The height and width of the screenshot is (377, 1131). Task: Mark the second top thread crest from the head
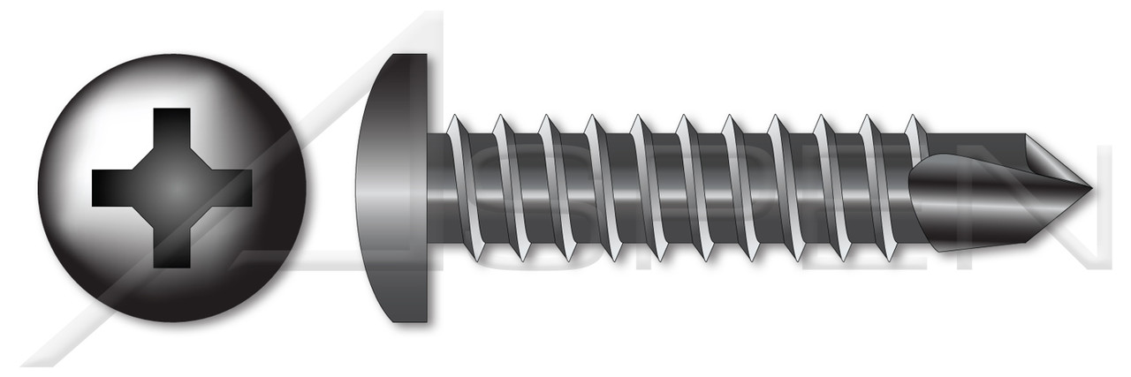(x=499, y=121)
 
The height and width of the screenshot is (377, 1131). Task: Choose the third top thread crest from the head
(x=545, y=121)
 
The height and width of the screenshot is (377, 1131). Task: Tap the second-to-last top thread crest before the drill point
(x=869, y=121)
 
